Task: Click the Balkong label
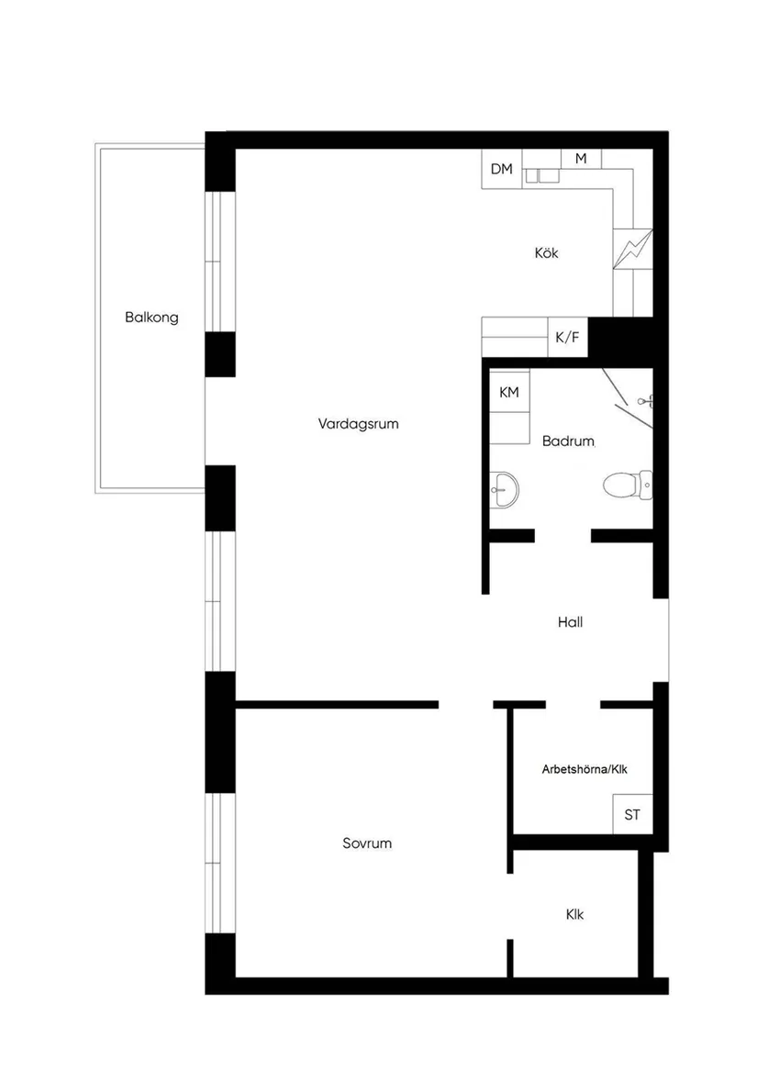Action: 151,318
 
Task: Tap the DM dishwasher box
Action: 502,169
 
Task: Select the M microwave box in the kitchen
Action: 581,159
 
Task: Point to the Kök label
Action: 547,253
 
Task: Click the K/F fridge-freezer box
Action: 568,338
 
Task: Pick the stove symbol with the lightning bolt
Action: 634,249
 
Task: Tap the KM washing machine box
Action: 509,392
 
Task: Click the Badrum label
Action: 568,441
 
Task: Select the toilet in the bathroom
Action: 627,484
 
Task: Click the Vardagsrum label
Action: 359,424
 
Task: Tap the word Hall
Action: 570,622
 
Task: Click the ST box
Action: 632,814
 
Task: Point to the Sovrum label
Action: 367,842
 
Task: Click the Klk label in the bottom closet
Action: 574,915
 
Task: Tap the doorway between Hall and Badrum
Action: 562,536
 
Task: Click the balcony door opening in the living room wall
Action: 220,421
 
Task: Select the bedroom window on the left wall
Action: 220,863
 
